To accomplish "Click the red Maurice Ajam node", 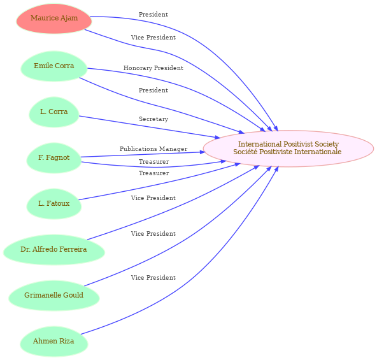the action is coord(54,18).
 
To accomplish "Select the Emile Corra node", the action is coord(54,66).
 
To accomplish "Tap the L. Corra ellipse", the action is coord(54,112).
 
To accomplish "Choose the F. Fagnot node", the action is coord(54,158).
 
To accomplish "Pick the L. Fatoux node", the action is coord(54,204).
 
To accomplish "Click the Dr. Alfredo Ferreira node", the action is coord(54,250).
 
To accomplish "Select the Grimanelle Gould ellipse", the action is coord(54,296).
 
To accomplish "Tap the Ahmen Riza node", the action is coord(54,342).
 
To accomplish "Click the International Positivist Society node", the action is coord(288,148).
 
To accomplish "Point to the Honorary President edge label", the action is coord(153,68).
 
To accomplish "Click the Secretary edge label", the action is coord(153,119).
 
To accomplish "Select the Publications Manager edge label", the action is coord(153,149).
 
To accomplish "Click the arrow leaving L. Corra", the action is coord(150,127).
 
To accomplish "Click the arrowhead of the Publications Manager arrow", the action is coord(201,152).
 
